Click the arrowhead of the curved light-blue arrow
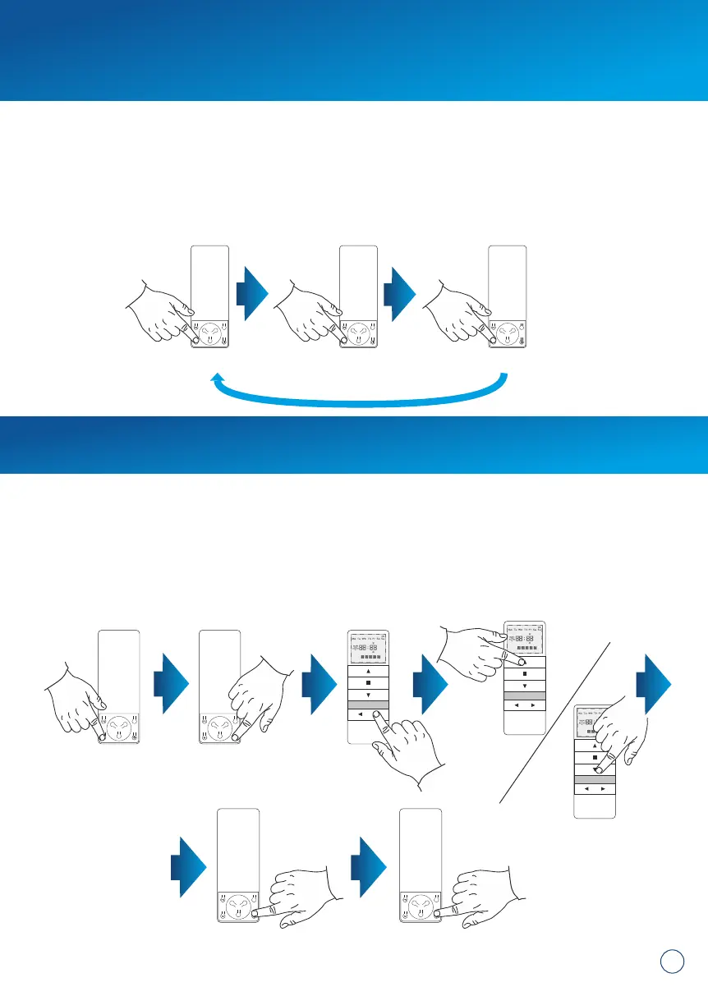pos(218,378)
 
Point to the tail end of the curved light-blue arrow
pos(504,377)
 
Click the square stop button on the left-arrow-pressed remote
pos(368,682)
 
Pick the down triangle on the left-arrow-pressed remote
pos(368,695)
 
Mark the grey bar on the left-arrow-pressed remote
pos(368,705)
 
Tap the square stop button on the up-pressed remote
pos(523,673)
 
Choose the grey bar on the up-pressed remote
pos(523,695)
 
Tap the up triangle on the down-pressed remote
pos(594,745)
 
